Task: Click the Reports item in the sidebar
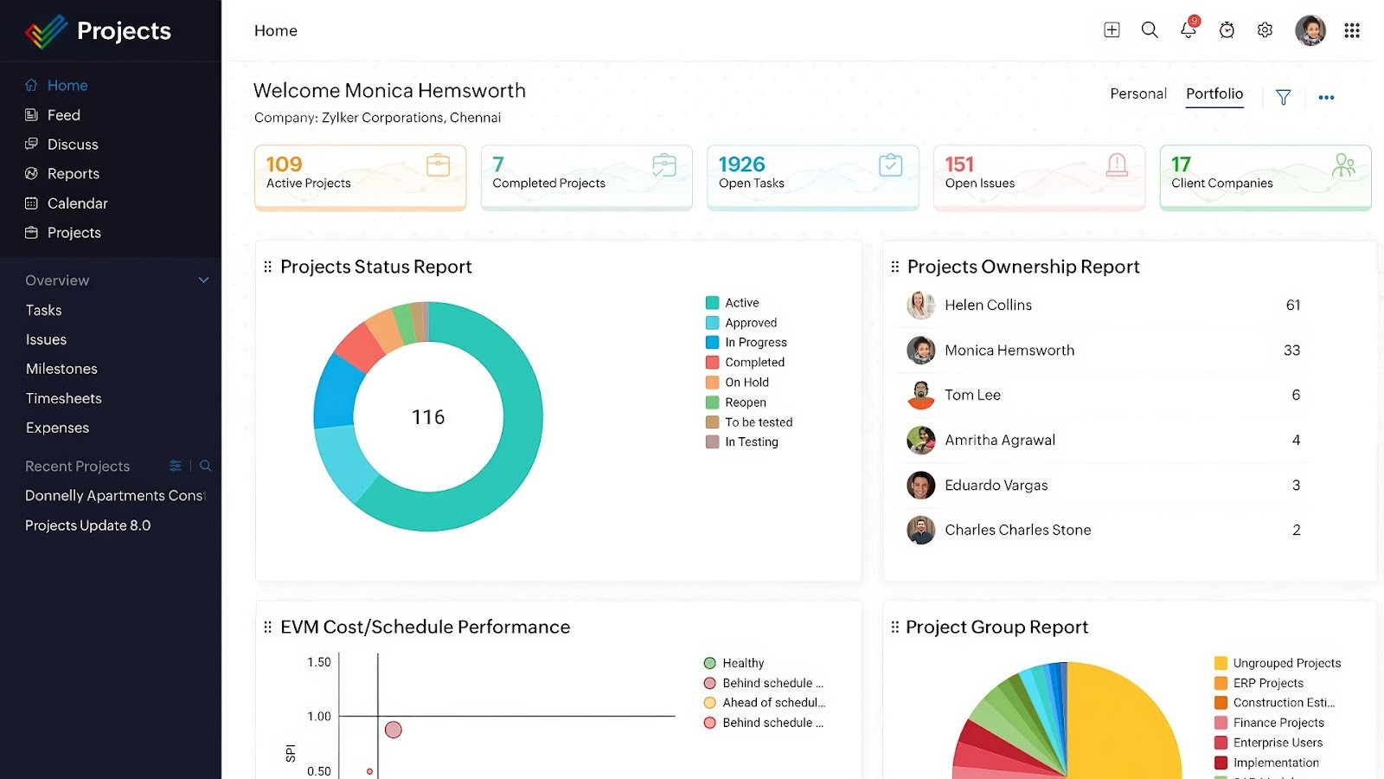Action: (x=73, y=174)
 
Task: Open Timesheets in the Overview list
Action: (x=64, y=398)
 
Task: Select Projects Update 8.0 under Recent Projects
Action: (x=87, y=525)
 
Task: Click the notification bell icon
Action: (x=1188, y=30)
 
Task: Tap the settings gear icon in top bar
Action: (x=1265, y=30)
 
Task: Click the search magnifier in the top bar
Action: (x=1150, y=30)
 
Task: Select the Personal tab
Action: (x=1137, y=93)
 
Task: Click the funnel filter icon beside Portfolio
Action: (x=1283, y=98)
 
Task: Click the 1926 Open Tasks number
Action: (x=741, y=164)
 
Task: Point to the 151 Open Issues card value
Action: (x=959, y=164)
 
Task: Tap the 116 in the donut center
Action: (x=428, y=417)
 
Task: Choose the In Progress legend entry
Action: (x=755, y=343)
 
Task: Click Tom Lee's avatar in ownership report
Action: (x=920, y=395)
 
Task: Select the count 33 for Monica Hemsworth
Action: (x=1291, y=351)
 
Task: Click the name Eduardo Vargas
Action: (x=996, y=486)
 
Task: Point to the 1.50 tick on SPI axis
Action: (x=319, y=662)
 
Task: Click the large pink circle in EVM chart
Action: (x=393, y=730)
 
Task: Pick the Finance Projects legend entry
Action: (x=1278, y=723)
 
